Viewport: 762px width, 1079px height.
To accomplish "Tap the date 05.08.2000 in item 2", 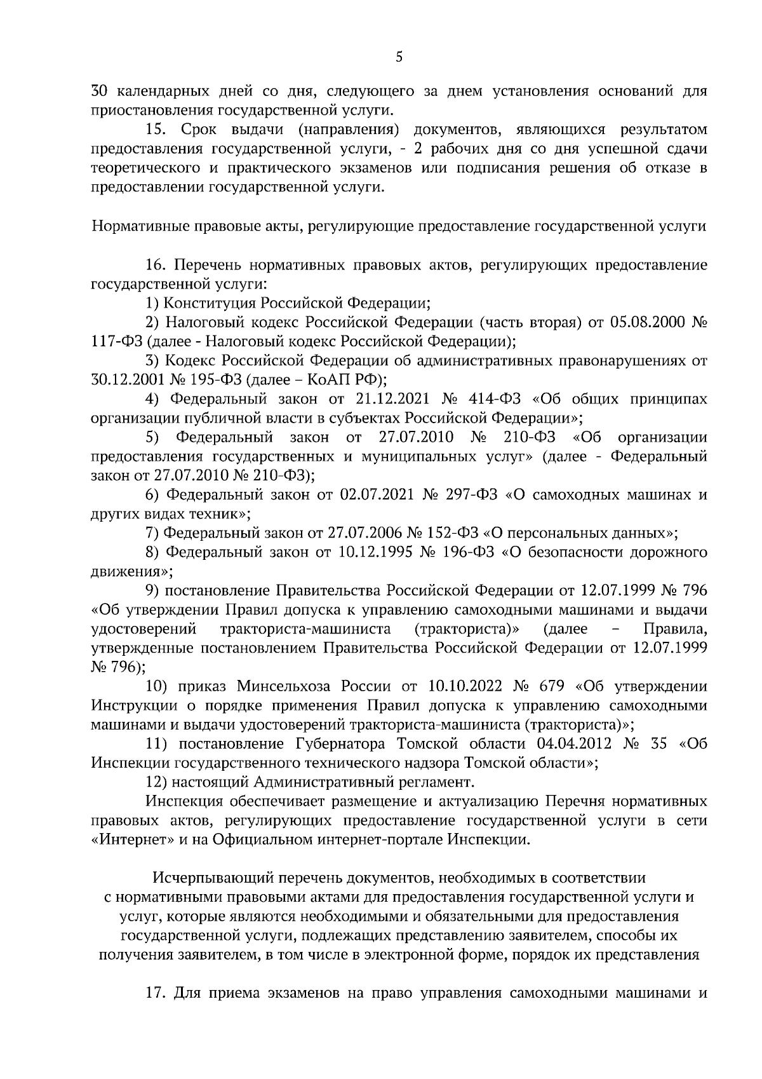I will point(644,322).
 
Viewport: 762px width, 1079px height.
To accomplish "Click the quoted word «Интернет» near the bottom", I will point(130,839).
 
